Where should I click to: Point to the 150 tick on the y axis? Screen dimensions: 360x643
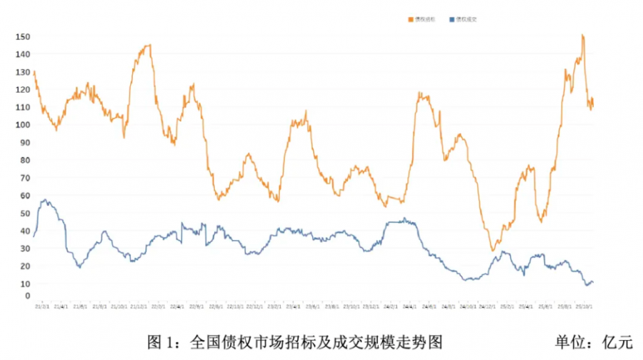(x=22, y=36)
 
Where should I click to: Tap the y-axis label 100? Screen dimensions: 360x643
(x=22, y=125)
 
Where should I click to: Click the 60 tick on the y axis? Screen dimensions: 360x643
(x=24, y=196)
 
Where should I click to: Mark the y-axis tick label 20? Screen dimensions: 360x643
(x=24, y=266)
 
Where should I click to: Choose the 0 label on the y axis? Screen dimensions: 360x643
(x=26, y=296)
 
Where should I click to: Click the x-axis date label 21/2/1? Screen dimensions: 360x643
(x=41, y=306)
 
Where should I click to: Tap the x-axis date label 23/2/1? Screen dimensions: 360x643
(x=274, y=306)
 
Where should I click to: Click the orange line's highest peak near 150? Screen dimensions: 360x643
(x=583, y=35)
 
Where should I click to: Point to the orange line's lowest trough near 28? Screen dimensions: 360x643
(x=492, y=250)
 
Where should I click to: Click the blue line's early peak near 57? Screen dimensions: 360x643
(x=45, y=200)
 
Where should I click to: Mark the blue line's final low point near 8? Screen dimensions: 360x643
(x=587, y=285)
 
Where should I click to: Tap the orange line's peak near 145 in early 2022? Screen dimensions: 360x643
(x=149, y=45)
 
